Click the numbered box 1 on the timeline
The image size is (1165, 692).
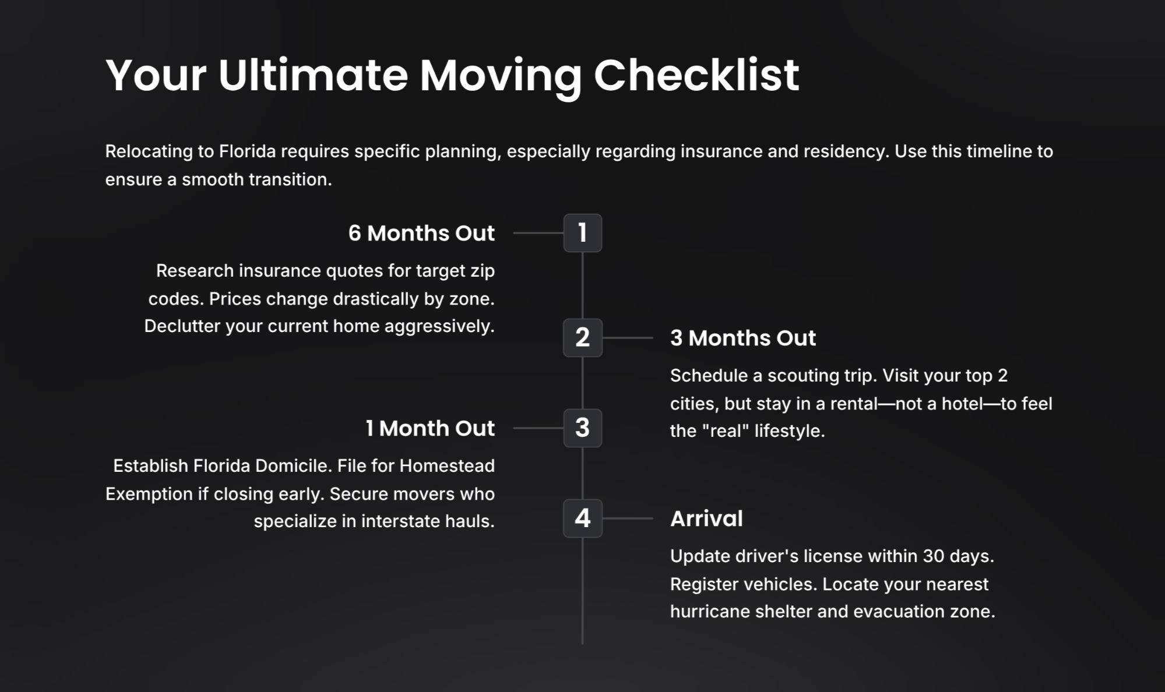pyautogui.click(x=582, y=233)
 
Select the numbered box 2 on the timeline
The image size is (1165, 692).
pyautogui.click(x=582, y=338)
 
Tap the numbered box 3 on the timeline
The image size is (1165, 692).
pyautogui.click(x=582, y=428)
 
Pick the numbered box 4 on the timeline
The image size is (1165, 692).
pyautogui.click(x=582, y=518)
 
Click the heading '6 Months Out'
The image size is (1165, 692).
pyautogui.click(x=421, y=233)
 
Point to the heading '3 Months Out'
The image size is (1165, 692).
pyautogui.click(x=743, y=338)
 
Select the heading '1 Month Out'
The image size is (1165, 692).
pyautogui.click(x=430, y=428)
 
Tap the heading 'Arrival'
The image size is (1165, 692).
pyautogui.click(x=706, y=518)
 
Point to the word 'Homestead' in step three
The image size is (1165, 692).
pyautogui.click(x=447, y=466)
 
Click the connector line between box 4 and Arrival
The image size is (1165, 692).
pyautogui.click(x=628, y=518)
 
